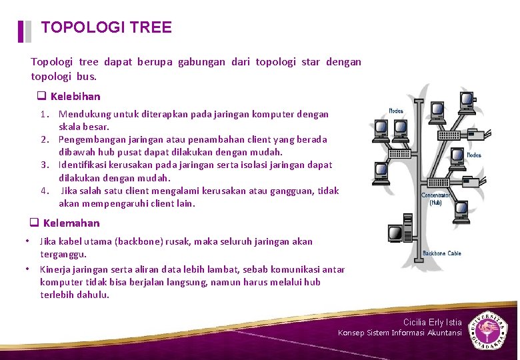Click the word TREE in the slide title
point(151,27)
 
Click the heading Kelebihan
point(75,97)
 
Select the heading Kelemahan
point(71,223)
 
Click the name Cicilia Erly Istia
point(432,323)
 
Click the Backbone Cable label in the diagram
point(441,253)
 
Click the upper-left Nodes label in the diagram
point(396,111)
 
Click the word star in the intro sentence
point(310,62)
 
